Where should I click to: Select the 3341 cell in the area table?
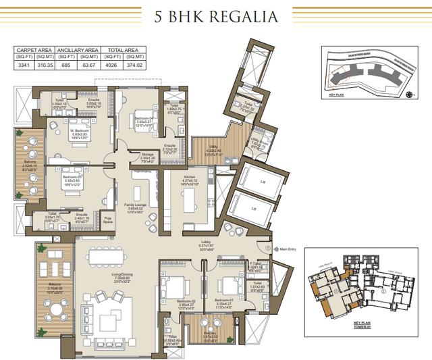(25, 66)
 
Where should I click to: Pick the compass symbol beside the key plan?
(409, 96)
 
